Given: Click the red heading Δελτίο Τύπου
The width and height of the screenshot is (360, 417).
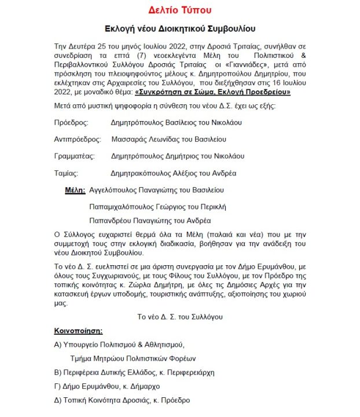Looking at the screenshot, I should tap(180, 10).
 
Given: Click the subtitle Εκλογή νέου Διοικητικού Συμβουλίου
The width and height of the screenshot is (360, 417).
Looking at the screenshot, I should tap(180, 29).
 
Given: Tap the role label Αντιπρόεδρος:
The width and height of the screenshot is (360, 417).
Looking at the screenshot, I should tap(74, 140).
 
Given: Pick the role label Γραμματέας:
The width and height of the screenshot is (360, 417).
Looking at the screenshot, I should tap(72, 156).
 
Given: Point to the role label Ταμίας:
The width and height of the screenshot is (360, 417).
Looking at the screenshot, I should tap(64, 173).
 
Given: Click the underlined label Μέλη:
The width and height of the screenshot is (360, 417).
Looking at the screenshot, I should tap(75, 189).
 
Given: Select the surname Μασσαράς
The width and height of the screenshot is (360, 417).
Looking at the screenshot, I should tap(127, 140).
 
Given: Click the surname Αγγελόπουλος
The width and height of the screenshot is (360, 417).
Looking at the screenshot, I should tap(115, 189).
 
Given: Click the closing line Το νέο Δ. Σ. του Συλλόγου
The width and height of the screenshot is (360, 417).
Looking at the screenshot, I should tap(180, 317).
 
